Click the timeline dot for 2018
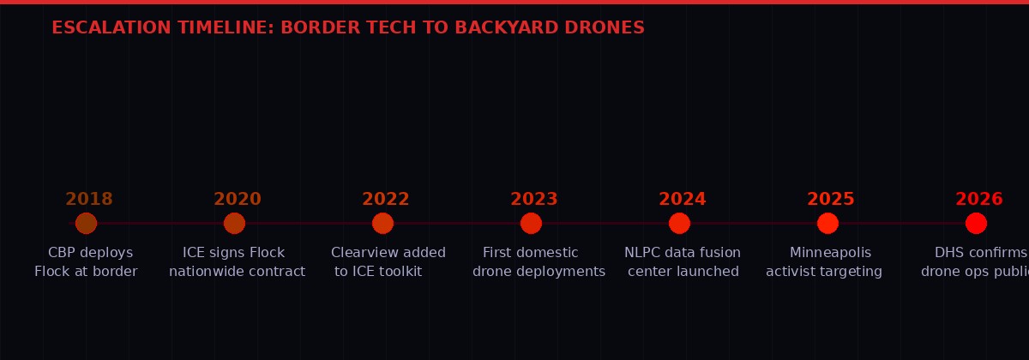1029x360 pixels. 86,223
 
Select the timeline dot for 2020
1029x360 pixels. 234,223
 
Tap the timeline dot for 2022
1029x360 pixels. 382,223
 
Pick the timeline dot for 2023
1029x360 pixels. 531,223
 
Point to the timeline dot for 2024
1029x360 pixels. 679,223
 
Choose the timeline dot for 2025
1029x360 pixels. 827,223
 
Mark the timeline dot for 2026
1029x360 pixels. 976,223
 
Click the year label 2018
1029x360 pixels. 89,200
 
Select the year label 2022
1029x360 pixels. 386,200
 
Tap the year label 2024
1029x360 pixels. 683,200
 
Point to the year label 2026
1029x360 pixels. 979,200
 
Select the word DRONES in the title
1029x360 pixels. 605,28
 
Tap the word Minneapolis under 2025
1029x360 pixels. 830,253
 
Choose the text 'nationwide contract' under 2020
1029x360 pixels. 237,272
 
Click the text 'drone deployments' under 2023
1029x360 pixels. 539,272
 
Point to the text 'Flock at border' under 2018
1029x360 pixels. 86,272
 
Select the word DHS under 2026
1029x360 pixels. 949,253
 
